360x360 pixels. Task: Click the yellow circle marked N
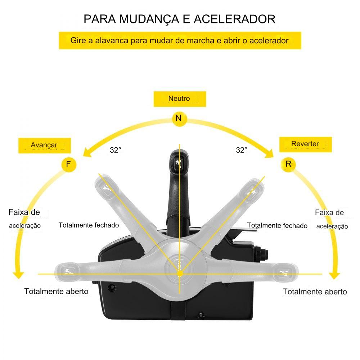[x=179, y=118]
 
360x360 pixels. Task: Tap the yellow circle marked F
[x=68, y=165]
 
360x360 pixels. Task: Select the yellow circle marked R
[x=288, y=164]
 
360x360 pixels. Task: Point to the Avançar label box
[x=45, y=145]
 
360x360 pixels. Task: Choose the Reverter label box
[x=305, y=144]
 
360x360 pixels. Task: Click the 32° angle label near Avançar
[x=115, y=150]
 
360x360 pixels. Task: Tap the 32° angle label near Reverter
[x=242, y=150]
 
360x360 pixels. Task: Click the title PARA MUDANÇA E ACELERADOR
[x=180, y=19]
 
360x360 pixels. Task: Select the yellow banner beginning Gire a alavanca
[x=180, y=40]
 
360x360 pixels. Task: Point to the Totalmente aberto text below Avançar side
[x=56, y=291]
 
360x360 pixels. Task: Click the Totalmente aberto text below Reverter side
[x=315, y=292]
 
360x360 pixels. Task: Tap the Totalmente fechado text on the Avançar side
[x=89, y=225]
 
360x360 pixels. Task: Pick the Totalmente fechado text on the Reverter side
[x=277, y=226]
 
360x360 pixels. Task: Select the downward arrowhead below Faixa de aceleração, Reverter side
[x=335, y=275]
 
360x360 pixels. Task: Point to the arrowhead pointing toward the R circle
[x=270, y=154]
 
